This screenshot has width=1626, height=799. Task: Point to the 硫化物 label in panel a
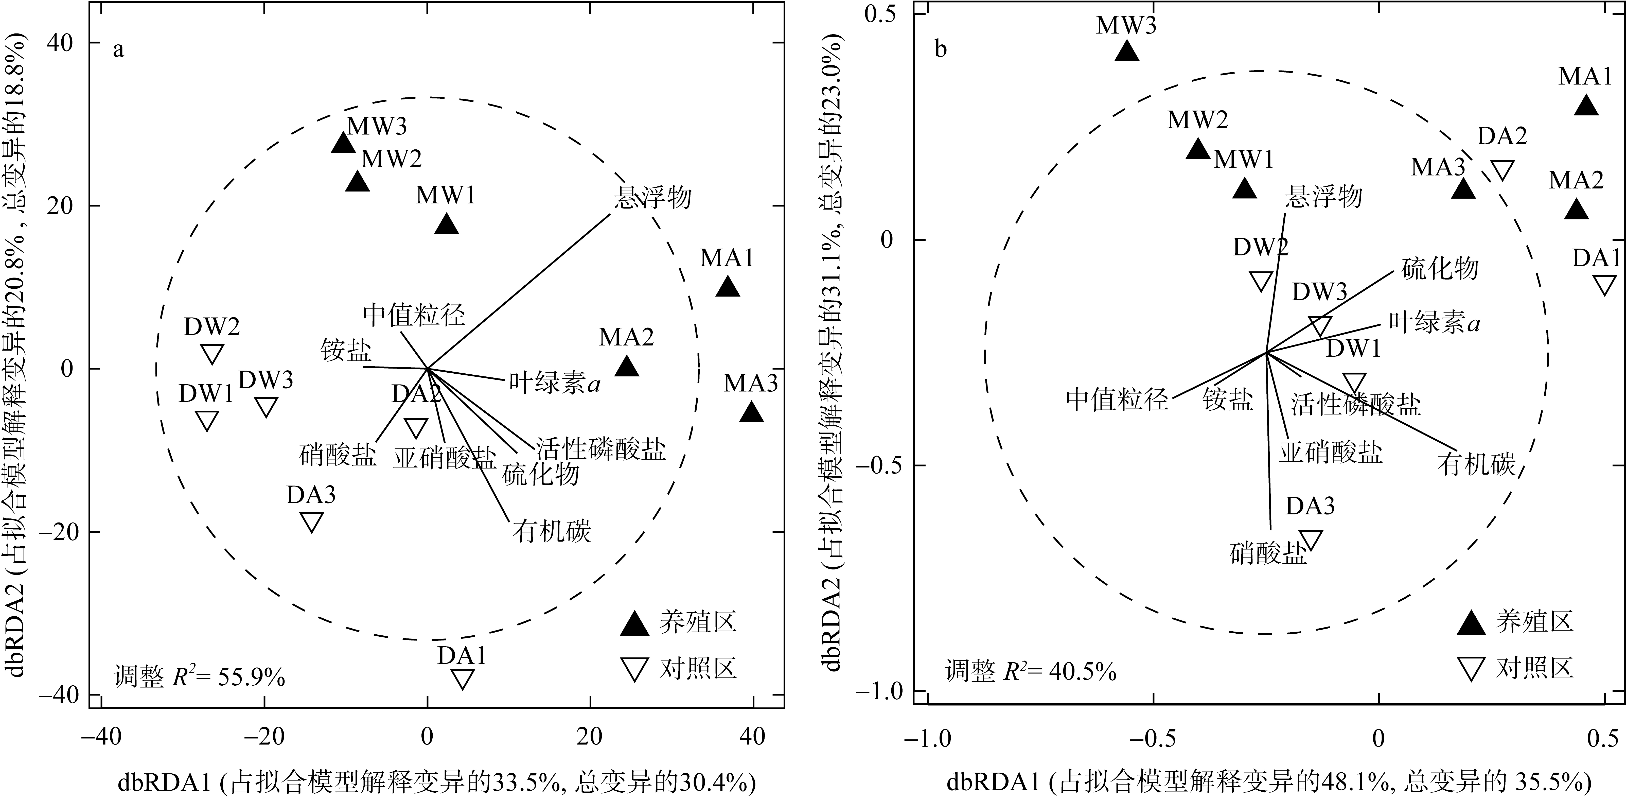point(541,474)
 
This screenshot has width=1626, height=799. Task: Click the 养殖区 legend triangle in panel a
point(634,624)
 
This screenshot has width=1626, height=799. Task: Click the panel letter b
point(941,49)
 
